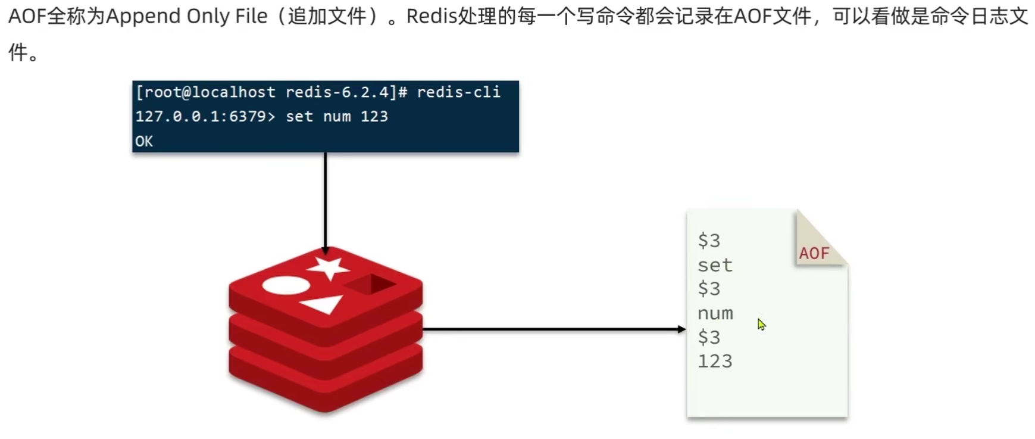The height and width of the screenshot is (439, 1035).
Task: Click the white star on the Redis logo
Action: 328,267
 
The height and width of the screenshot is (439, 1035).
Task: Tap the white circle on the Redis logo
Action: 286,285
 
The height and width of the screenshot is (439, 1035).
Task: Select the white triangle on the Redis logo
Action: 323,304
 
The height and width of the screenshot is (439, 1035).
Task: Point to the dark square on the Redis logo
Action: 370,284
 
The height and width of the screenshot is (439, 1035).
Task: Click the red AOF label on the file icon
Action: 814,253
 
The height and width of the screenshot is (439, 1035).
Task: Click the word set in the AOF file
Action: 715,265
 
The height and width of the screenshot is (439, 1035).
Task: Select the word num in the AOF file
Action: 715,313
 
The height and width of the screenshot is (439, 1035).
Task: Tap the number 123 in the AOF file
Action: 715,361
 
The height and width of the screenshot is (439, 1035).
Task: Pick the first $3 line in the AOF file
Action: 709,241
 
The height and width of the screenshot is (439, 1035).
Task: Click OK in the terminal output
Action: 144,141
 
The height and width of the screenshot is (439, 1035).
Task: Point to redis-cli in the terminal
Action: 458,92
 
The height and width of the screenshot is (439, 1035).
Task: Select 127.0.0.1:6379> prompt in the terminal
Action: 205,116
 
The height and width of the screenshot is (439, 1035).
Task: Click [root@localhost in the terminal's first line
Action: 206,92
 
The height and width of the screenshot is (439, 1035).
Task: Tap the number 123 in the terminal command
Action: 374,116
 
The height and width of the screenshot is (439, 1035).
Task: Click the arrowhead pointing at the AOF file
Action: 681,329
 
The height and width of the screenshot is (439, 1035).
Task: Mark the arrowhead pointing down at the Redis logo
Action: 325,250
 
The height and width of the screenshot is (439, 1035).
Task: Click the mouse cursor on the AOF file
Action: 761,324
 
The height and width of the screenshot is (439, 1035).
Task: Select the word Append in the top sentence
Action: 143,17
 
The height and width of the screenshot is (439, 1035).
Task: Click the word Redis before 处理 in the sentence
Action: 431,17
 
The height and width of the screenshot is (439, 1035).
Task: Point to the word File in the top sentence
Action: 251,17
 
